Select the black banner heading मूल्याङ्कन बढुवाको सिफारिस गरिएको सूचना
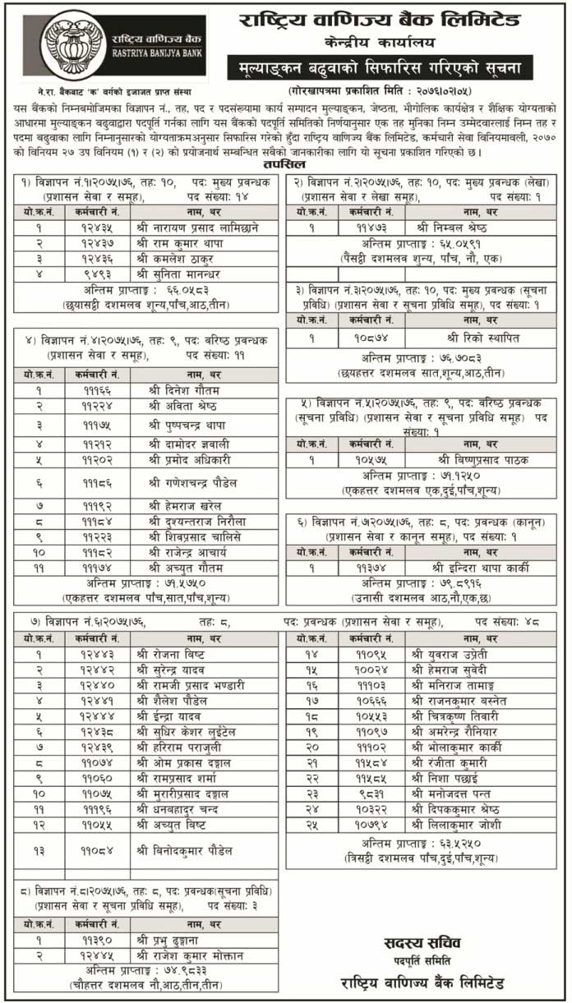(x=380, y=67)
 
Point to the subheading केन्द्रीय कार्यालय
(x=381, y=42)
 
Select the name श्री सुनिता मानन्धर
(x=188, y=274)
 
